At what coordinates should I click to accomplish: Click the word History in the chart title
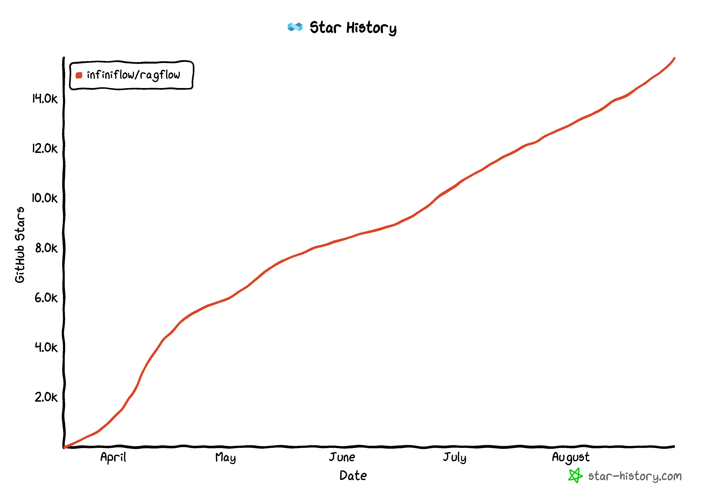point(371,28)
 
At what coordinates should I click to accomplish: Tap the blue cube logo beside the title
point(295,27)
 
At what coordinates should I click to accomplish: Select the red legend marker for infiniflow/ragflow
point(79,75)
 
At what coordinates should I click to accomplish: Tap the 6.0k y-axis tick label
point(46,298)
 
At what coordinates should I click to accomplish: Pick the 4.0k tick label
point(46,347)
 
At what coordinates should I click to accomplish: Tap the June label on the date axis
point(342,457)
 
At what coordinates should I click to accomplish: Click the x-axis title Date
point(353,476)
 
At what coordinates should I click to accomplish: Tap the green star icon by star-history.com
point(575,476)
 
